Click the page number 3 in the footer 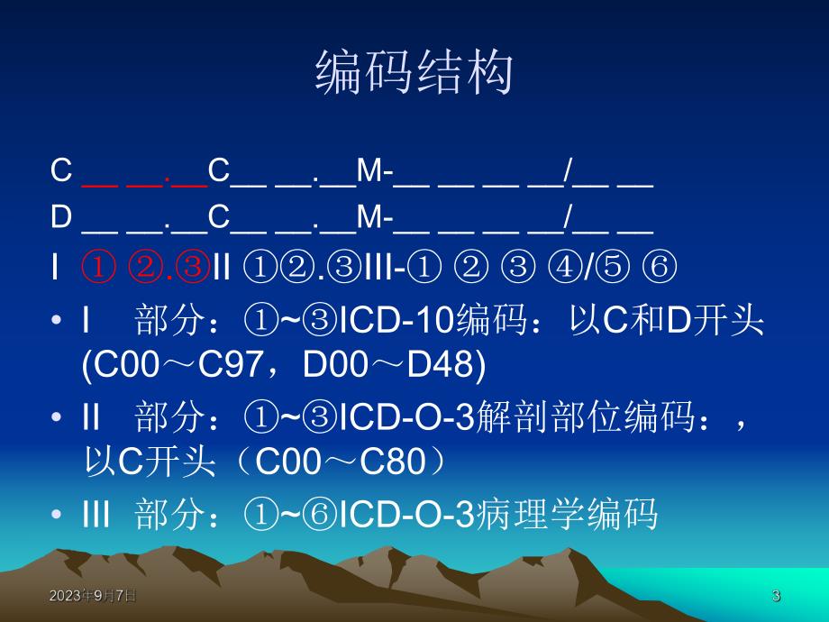[776, 596]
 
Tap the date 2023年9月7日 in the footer [93, 596]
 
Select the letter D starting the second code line [61, 219]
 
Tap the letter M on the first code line [369, 170]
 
